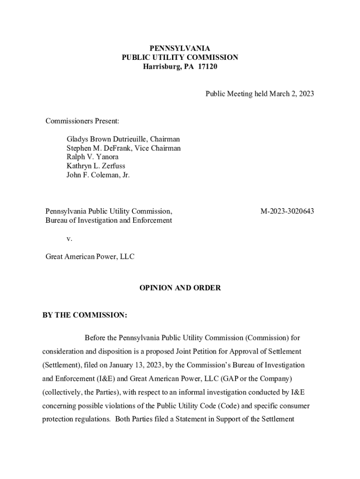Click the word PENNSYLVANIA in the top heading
click(180, 49)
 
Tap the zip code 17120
click(208, 67)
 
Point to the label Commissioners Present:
click(82, 121)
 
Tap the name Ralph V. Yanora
click(93, 157)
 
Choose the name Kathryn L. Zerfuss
click(96, 166)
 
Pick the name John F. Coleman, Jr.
click(98, 175)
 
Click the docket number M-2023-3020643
click(287, 211)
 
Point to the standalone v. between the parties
click(69, 239)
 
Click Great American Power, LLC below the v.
click(90, 257)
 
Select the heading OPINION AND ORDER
click(180, 288)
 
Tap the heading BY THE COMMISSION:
click(85, 315)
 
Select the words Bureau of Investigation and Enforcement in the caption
click(108, 220)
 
